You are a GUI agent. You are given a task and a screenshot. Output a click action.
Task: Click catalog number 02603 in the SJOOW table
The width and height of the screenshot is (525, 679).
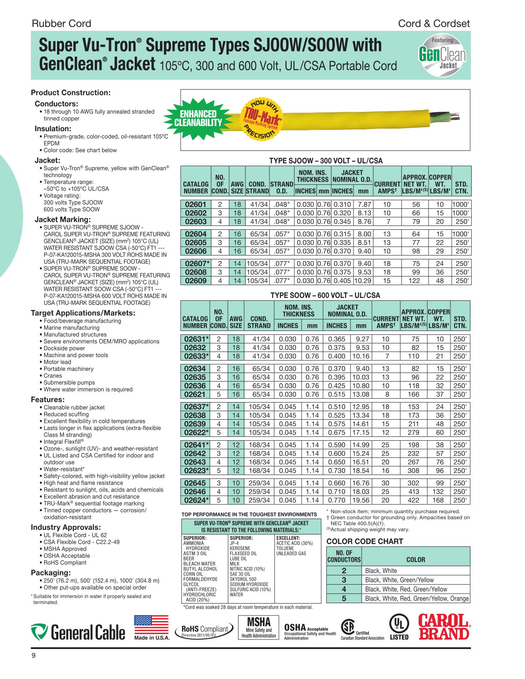coord(196,222)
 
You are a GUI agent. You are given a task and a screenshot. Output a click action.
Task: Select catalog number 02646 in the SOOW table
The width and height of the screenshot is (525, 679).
coord(195,492)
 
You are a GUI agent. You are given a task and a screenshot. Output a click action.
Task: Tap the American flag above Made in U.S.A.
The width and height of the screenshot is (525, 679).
coord(151,625)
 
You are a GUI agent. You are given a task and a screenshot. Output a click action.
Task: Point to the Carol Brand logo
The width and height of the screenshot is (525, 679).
coord(444,627)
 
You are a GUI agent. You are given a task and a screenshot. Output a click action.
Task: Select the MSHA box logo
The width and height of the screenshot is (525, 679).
coord(259,628)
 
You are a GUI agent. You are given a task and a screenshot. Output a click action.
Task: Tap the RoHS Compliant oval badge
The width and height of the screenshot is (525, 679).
coord(205,630)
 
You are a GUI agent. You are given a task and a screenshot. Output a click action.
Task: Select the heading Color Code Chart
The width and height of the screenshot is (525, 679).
coord(365,541)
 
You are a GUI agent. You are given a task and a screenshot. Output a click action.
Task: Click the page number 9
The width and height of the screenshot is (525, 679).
coord(34,656)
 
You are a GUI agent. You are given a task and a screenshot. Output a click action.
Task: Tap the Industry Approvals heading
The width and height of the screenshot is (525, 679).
coord(66,527)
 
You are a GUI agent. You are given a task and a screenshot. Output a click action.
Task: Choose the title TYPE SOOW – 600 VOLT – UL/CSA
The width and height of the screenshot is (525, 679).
coord(325,295)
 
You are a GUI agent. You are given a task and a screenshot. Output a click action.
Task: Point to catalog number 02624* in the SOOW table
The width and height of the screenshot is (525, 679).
coord(196,500)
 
